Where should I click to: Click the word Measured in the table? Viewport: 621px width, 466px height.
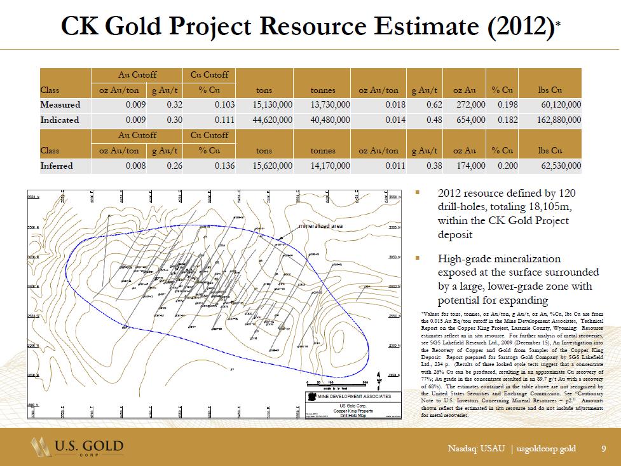(x=60, y=104)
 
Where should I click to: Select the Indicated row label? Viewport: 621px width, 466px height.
(x=60, y=120)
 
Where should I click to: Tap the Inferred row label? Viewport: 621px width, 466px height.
(x=57, y=166)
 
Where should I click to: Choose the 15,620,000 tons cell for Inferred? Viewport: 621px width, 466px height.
(x=269, y=166)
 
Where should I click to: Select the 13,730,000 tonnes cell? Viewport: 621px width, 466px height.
(x=325, y=104)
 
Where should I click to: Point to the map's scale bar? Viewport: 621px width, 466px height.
(x=337, y=383)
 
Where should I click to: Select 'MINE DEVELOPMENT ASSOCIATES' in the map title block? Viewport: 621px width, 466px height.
(x=359, y=396)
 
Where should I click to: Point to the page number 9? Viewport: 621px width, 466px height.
(x=604, y=449)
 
